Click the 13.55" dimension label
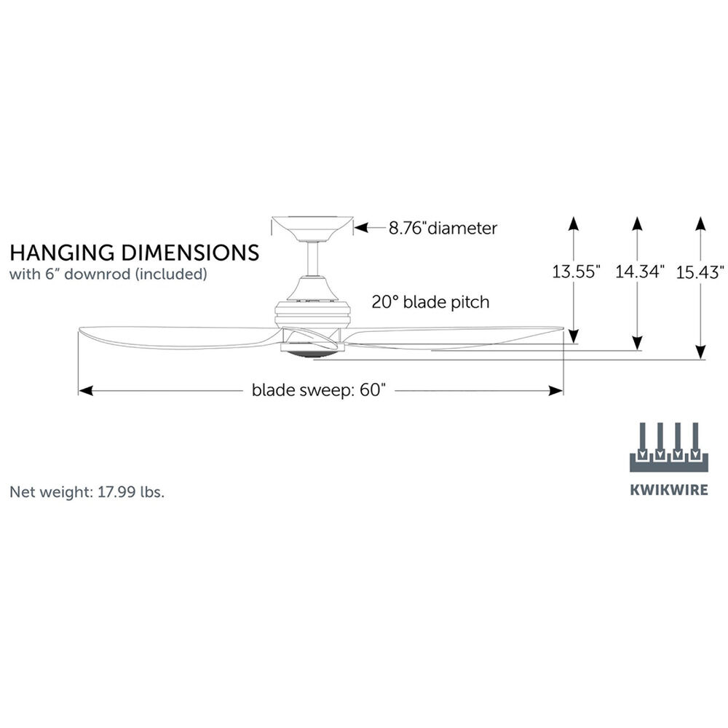pyautogui.click(x=576, y=273)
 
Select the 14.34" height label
pyautogui.click(x=639, y=273)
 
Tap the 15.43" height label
pyautogui.click(x=700, y=273)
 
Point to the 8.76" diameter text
pyautogui.click(x=443, y=229)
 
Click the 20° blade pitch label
pyautogui.click(x=430, y=301)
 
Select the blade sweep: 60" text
pyautogui.click(x=317, y=390)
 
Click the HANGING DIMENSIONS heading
pyautogui.click(x=134, y=253)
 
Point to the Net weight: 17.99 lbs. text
pyautogui.click(x=87, y=491)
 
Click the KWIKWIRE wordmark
pyautogui.click(x=668, y=489)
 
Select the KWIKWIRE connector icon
pyautogui.click(x=668, y=446)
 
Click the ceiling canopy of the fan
pyautogui.click(x=311, y=228)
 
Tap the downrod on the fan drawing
pyautogui.click(x=312, y=260)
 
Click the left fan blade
pyautogui.click(x=175, y=336)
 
